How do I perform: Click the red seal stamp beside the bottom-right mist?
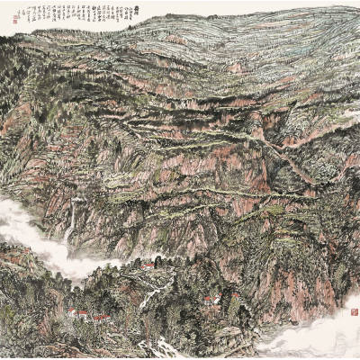point(354,310)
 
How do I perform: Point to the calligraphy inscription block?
point(76,15)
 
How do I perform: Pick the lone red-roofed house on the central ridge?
point(148,265)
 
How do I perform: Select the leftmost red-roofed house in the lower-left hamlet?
point(72,312)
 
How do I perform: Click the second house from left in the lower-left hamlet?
point(83,314)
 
